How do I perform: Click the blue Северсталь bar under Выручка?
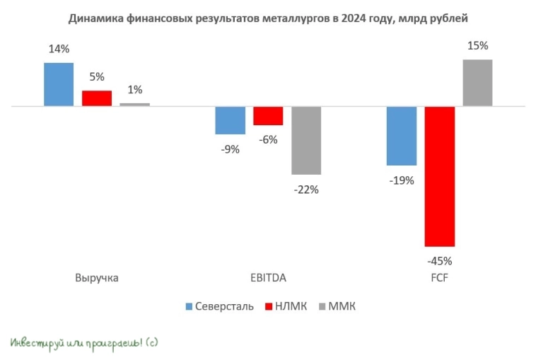[59, 84]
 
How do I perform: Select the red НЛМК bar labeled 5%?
[96, 98]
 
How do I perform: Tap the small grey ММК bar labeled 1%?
[134, 105]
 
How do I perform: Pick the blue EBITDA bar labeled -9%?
[230, 120]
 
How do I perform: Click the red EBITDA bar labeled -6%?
[268, 116]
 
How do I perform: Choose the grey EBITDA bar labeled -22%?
[306, 140]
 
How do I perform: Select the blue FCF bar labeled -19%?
[401, 136]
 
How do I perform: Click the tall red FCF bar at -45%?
[439, 176]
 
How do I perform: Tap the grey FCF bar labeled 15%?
[477, 83]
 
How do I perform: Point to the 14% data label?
[59, 50]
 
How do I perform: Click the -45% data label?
[439, 260]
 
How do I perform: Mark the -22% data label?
[306, 189]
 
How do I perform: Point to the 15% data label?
[477, 46]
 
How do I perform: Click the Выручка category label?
[96, 278]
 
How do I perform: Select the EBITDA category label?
[268, 278]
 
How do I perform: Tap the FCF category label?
[439, 278]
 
